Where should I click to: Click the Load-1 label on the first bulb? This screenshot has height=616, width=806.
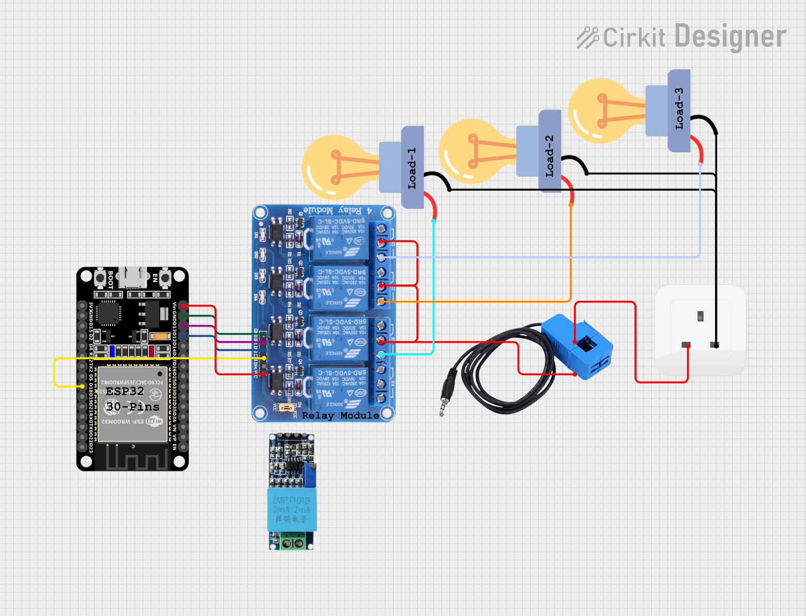(412, 168)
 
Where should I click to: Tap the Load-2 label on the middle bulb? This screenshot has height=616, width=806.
(550, 156)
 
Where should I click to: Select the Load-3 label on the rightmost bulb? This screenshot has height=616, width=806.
(679, 109)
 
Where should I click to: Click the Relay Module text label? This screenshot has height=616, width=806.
(340, 415)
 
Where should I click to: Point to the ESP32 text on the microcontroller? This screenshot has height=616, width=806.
(125, 391)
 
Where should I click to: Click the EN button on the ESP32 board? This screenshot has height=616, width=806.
(165, 278)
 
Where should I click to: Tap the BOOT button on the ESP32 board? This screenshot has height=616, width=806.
(100, 279)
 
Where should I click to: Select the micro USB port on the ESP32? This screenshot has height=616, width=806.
(132, 278)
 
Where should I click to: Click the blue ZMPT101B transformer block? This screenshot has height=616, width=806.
(292, 509)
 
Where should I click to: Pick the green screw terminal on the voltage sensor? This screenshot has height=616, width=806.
(292, 543)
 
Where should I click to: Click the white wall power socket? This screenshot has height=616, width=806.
(700, 331)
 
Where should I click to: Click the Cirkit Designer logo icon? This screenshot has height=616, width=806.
(588, 38)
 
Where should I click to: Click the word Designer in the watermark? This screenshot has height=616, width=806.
(730, 37)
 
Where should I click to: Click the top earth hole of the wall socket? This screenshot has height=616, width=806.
(701, 316)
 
